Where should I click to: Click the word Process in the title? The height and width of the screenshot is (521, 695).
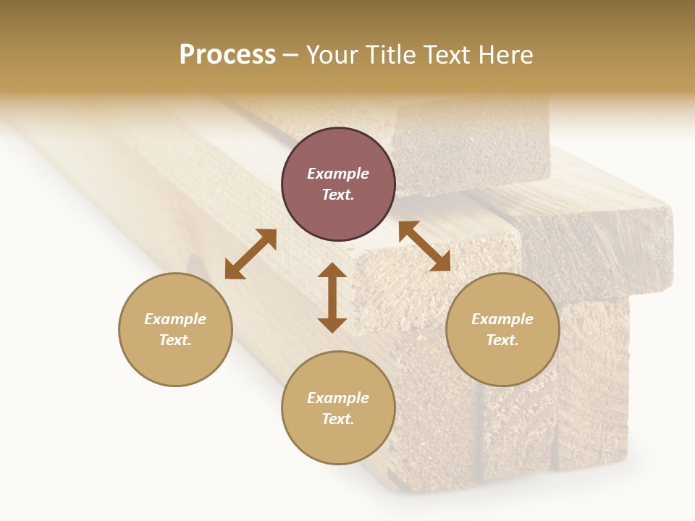(227, 55)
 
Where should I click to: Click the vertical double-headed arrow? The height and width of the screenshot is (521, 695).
(332, 297)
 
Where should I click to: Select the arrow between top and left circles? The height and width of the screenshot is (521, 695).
(250, 254)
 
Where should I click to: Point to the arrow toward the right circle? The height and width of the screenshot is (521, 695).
(425, 246)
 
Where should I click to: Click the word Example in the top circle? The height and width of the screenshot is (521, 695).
(338, 174)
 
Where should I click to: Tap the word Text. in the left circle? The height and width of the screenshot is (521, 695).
(175, 340)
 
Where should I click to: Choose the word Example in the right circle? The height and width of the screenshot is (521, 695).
(502, 319)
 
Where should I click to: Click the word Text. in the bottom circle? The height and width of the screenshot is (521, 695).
(338, 419)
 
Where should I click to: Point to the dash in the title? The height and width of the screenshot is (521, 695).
(291, 56)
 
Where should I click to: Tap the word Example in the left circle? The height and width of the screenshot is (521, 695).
(175, 319)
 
